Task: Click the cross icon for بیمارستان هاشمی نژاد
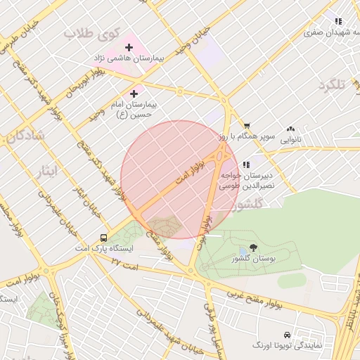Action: pyautogui.click(x=129, y=46)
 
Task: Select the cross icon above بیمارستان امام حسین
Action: pyautogui.click(x=134, y=93)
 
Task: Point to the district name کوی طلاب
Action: pyautogui.click(x=88, y=33)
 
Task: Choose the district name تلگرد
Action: pyautogui.click(x=332, y=85)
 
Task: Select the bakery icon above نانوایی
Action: pyautogui.click(x=291, y=129)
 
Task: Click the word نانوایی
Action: pyautogui.click(x=291, y=140)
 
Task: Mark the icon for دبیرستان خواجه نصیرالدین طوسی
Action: pyautogui.click(x=246, y=165)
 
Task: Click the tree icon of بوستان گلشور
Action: pyautogui.click(x=253, y=247)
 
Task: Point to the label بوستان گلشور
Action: pyautogui.click(x=253, y=259)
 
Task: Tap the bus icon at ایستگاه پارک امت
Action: pyautogui.click(x=104, y=238)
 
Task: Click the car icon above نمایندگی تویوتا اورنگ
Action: pyautogui.click(x=286, y=335)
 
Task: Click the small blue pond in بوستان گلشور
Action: pyautogui.click(x=243, y=250)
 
